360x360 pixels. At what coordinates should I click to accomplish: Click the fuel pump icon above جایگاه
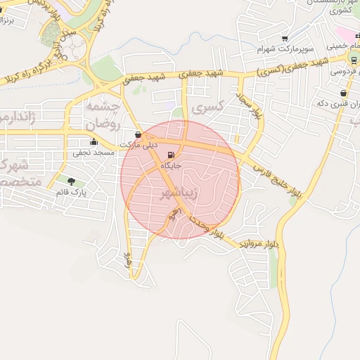click(170, 155)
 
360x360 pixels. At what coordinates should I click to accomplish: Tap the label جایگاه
click(171, 165)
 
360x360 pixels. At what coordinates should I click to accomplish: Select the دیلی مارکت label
click(138, 146)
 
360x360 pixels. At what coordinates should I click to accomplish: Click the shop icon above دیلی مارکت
click(138, 134)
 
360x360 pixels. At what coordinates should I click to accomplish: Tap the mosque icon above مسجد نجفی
click(94, 141)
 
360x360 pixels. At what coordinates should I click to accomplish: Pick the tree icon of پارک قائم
click(71, 181)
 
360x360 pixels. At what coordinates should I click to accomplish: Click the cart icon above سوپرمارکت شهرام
click(285, 39)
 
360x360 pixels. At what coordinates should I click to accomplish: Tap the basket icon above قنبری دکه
click(343, 93)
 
